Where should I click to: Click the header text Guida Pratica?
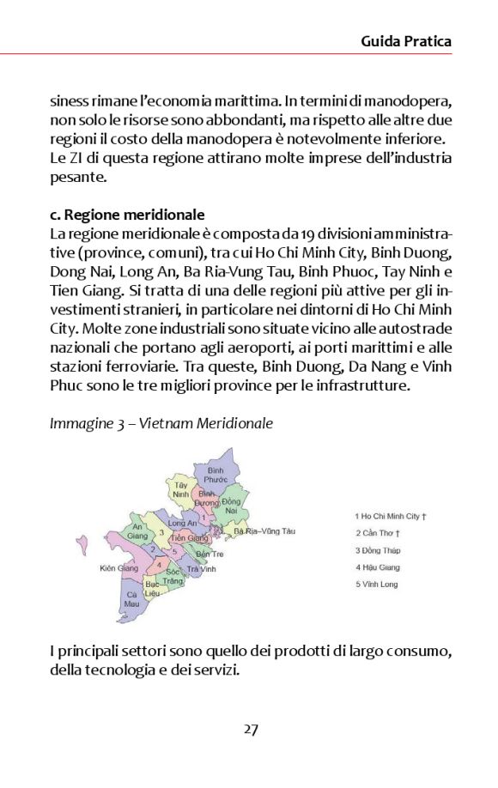coord(405,40)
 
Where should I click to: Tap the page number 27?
coord(250,729)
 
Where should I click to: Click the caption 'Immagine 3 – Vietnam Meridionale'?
coord(161,424)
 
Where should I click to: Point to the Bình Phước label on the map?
coord(216,475)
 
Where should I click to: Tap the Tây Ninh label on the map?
coord(180,489)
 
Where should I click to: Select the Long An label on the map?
coord(183,523)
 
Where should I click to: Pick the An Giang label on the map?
coord(137,531)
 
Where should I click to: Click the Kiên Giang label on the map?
coord(119,568)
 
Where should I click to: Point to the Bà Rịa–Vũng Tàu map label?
coord(264,532)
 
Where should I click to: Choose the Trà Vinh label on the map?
coord(201,569)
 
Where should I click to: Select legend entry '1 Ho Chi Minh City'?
coord(391,516)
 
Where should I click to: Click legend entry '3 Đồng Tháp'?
coord(379,550)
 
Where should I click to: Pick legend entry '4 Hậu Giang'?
coord(379,567)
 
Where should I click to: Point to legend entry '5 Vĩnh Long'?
coord(377,585)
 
